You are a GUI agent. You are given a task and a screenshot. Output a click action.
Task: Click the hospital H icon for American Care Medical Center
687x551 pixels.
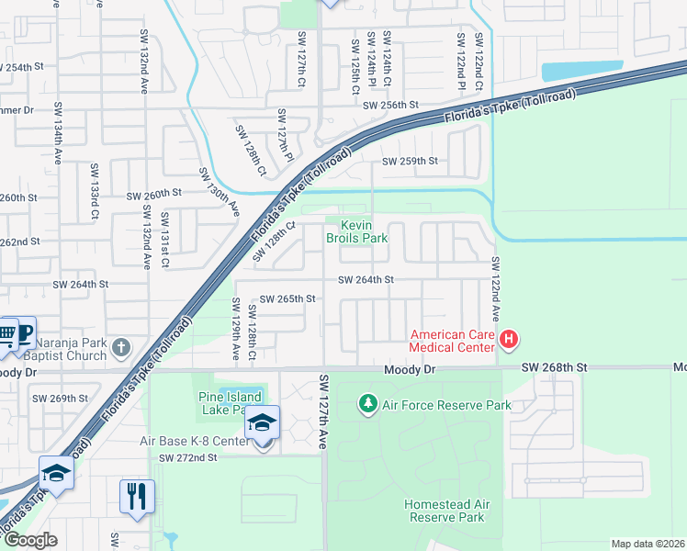coord(509,342)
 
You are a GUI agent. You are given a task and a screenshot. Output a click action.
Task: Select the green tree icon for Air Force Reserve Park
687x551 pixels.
coord(367,403)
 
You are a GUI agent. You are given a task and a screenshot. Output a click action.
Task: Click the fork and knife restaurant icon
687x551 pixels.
coord(137,497)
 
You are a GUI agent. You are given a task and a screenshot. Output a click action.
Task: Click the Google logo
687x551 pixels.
coord(30,540)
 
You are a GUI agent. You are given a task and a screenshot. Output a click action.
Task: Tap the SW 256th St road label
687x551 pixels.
coord(390,106)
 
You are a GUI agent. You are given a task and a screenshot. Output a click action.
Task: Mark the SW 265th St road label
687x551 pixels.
coord(287,298)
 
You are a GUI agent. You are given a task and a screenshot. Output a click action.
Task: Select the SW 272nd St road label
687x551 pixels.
coord(187,457)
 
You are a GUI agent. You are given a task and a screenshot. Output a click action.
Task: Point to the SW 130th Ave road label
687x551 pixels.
coord(220,193)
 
